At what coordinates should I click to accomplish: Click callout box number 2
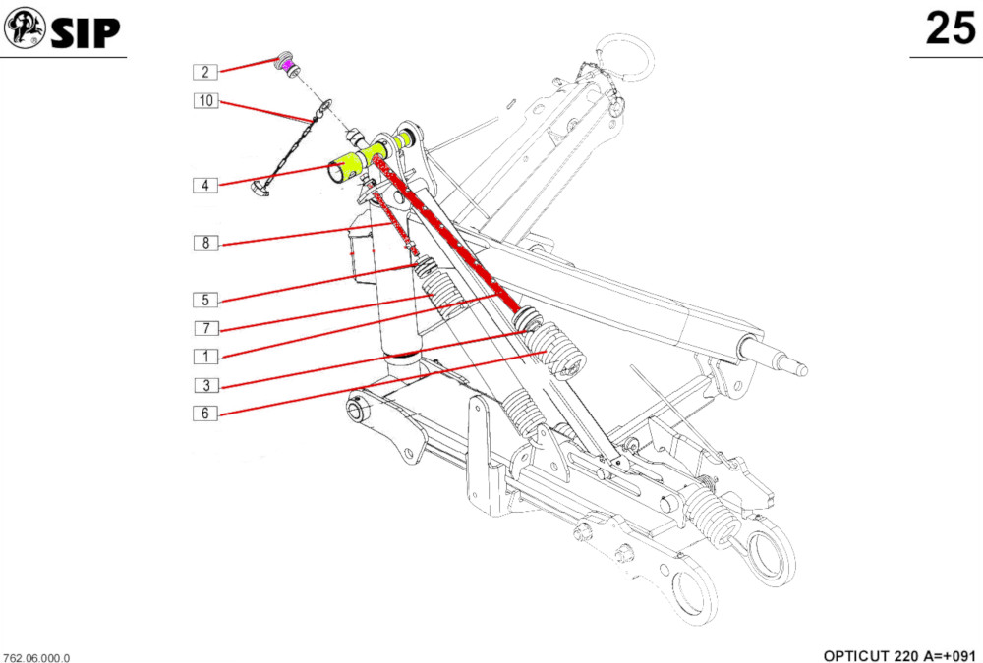[x=204, y=71]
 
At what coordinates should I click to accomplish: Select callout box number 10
[x=204, y=100]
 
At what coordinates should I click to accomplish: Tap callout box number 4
[x=204, y=185]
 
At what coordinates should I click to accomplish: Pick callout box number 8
[x=204, y=243]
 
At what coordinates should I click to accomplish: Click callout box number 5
[x=204, y=300]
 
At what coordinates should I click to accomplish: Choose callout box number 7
[x=204, y=327]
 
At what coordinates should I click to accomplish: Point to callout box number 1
[x=204, y=357]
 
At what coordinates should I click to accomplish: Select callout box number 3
[x=204, y=385]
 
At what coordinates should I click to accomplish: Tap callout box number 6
[x=204, y=414]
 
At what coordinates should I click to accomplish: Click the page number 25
[x=950, y=28]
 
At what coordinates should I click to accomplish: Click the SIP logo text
[x=86, y=32]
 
